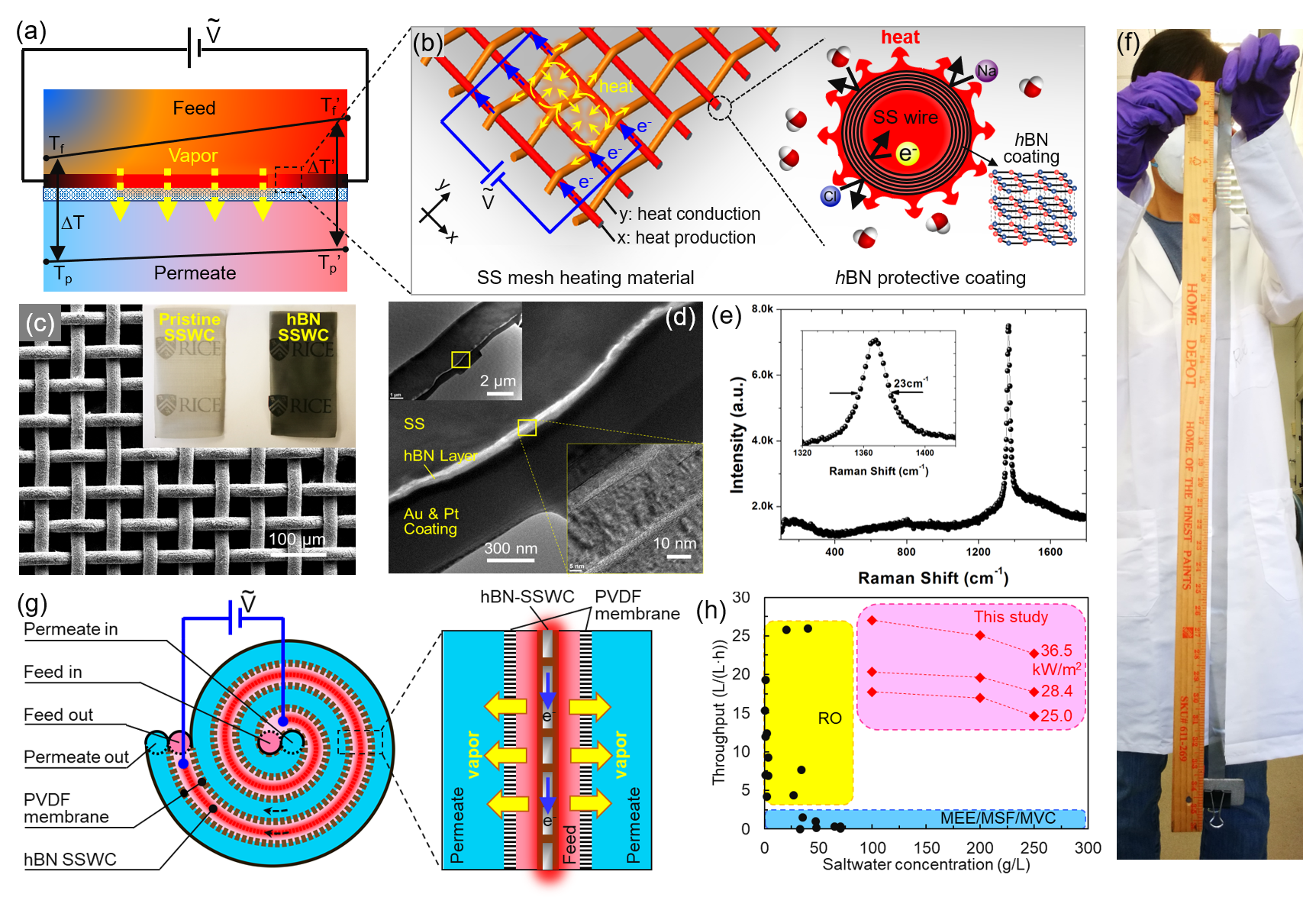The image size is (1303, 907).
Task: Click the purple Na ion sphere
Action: [986, 71]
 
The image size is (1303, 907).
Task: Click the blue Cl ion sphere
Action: [831, 196]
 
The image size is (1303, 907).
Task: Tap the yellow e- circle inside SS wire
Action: [906, 154]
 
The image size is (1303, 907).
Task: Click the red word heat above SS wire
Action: [900, 37]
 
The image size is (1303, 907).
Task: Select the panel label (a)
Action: [31, 31]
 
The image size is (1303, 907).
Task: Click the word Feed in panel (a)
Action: [194, 108]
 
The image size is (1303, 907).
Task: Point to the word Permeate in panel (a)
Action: [195, 273]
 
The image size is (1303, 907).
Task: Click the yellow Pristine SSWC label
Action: [189, 328]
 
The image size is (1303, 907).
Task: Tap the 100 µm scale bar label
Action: [297, 540]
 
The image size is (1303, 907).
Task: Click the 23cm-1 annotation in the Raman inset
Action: [911, 383]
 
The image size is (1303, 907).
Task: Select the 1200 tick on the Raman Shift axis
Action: [978, 552]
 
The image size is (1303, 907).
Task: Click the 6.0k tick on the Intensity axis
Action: [763, 375]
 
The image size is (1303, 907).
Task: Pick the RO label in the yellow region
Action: [830, 718]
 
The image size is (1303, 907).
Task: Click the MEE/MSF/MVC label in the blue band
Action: [998, 818]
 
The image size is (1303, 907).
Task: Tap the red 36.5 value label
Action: [1056, 651]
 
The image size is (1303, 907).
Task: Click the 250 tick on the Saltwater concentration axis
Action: [1034, 848]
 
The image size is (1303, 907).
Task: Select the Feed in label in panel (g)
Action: [53, 672]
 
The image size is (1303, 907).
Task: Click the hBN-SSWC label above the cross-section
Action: [527, 597]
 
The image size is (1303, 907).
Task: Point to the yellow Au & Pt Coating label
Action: [431, 521]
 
